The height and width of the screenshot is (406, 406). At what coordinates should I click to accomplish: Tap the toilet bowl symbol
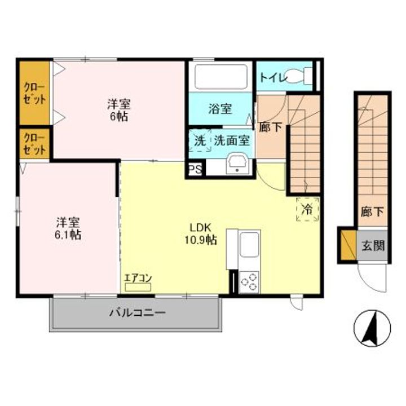coord(299,76)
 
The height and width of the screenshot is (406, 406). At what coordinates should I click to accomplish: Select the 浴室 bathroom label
coord(220,109)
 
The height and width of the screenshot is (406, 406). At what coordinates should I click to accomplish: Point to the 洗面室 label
coord(232,141)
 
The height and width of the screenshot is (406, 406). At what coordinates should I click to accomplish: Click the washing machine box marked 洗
coord(200,141)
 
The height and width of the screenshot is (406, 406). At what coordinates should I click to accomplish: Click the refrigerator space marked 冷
coord(307,209)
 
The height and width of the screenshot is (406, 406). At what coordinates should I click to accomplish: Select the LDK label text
coord(200,228)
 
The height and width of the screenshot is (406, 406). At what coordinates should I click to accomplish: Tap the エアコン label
coord(138,277)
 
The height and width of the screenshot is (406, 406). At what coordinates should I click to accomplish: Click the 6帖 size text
coord(120,116)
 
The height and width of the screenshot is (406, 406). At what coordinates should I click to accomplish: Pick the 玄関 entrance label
coord(373,246)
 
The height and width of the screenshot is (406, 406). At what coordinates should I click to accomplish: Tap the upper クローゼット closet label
coord(34,93)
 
